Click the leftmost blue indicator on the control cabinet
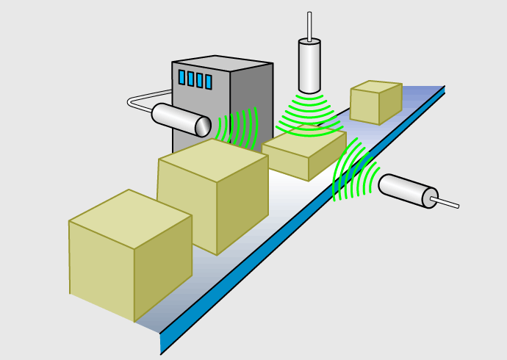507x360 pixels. click(181, 76)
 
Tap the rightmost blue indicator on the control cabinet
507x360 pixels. click(208, 82)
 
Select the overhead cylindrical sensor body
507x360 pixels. click(309, 66)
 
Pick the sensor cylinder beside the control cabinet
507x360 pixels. click(176, 118)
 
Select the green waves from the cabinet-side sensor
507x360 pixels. click(240, 127)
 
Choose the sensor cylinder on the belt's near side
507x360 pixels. click(404, 190)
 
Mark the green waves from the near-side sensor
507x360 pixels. click(352, 173)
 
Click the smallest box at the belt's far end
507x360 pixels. click(375, 101)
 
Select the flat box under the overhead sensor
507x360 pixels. click(303, 153)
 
